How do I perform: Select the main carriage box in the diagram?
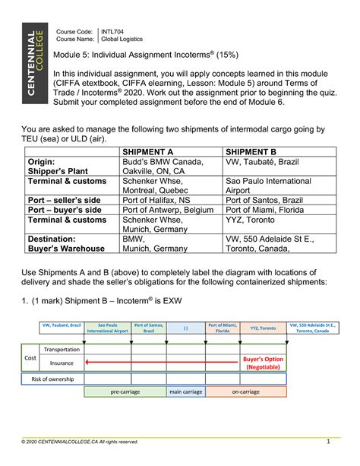pos(185,392)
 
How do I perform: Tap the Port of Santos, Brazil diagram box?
pos(149,328)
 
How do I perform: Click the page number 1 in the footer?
pos(327,442)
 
